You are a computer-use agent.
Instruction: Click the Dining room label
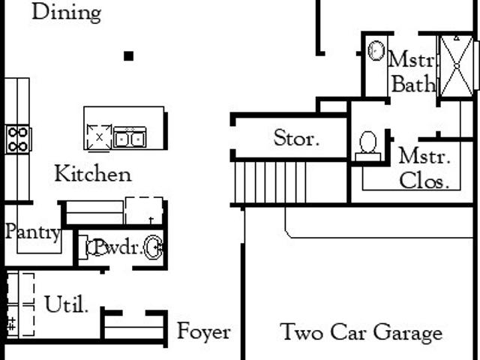tap(67, 13)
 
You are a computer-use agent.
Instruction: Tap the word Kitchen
tap(93, 173)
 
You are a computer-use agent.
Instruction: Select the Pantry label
tap(33, 232)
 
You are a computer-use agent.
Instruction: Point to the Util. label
tap(67, 304)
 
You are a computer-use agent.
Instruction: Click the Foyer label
tap(204, 331)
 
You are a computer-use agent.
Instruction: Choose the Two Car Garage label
tap(361, 332)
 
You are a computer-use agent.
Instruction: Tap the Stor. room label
tap(296, 138)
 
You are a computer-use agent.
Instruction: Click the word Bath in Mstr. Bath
tap(413, 83)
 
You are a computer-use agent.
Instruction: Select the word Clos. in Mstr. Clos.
tap(424, 181)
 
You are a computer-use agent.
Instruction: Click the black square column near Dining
tap(128, 56)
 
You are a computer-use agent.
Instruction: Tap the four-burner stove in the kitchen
tap(18, 139)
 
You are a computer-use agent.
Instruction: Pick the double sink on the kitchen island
tap(130, 138)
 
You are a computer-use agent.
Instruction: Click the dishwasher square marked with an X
tap(99, 137)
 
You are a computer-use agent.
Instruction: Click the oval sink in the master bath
tap(376, 50)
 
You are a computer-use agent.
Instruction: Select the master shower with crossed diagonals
tap(456, 66)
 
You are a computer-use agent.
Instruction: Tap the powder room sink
tap(153, 247)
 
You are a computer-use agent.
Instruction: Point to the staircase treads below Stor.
tap(271, 182)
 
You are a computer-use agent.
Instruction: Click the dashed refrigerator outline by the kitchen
tap(144, 211)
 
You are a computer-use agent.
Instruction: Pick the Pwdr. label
tap(118, 247)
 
